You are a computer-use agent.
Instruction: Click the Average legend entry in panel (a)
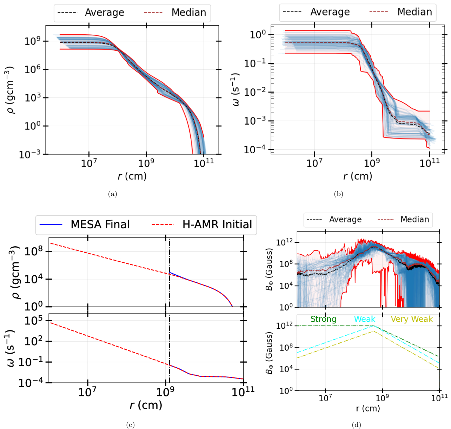[x=91, y=12]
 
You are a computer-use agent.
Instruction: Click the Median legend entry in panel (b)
[x=401, y=12]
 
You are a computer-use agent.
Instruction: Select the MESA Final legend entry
[x=85, y=224]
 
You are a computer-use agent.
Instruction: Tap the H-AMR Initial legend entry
[x=202, y=224]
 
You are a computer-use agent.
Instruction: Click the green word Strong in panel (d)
[x=323, y=319]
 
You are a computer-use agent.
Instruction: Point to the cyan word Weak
[x=365, y=319]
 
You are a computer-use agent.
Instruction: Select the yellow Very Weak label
[x=412, y=319]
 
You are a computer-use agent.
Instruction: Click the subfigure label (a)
[x=112, y=194]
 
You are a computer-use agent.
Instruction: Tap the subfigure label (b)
[x=338, y=194]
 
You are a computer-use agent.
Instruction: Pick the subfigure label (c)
[x=130, y=425]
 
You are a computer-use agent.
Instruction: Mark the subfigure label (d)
[x=356, y=425]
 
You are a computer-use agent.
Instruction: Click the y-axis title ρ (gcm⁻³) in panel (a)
[x=9, y=90]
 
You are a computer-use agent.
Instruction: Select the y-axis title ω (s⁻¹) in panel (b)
[x=236, y=90]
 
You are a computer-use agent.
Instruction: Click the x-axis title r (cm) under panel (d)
[x=368, y=408]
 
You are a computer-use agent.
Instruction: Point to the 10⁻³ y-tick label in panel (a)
[x=29, y=154]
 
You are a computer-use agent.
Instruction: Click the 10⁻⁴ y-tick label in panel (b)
[x=255, y=149]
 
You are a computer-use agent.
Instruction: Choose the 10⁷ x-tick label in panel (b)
[x=314, y=163]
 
